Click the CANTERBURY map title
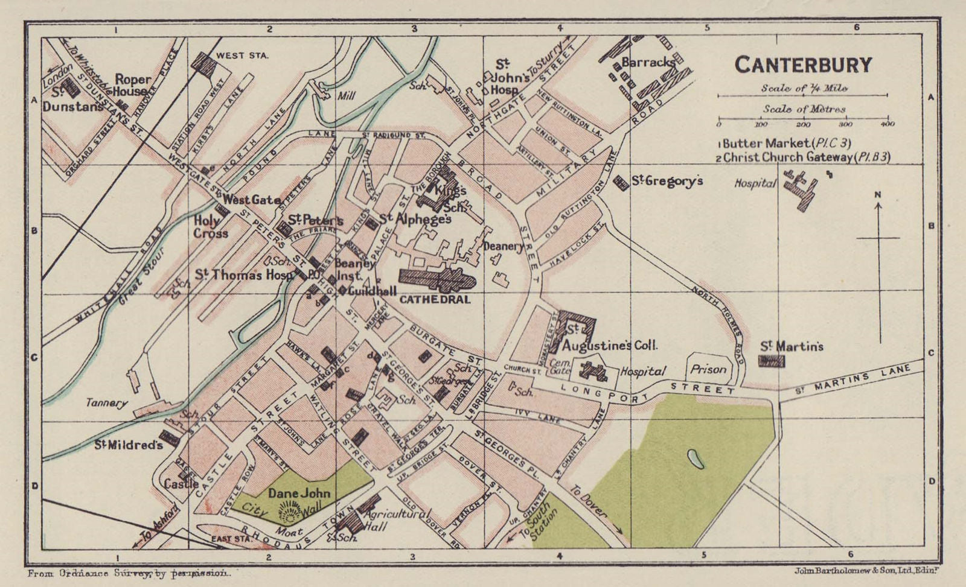point(803,65)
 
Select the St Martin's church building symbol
point(772,361)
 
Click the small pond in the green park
point(696,460)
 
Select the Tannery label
point(106,404)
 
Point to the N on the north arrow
point(878,194)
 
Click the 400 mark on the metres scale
point(887,125)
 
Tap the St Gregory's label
point(667,180)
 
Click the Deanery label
point(504,246)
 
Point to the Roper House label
point(131,85)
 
